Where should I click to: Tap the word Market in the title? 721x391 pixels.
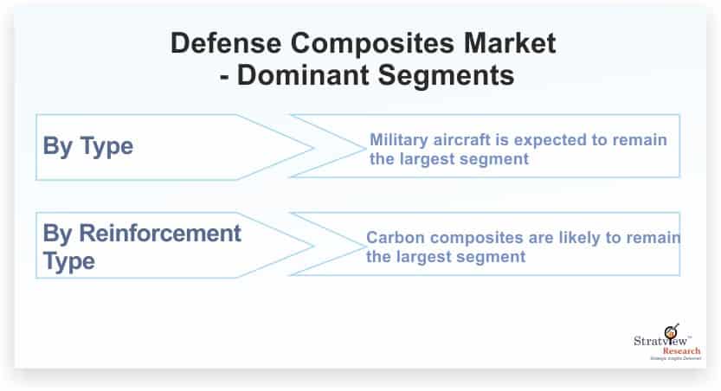(510, 43)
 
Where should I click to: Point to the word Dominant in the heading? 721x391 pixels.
(303, 75)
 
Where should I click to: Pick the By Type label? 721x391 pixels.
(87, 147)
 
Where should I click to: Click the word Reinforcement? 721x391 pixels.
(160, 233)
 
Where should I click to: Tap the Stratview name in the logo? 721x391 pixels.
(660, 341)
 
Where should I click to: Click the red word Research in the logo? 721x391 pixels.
(681, 351)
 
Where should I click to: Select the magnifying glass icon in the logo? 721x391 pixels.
(672, 330)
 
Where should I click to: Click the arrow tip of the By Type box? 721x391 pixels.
(312, 148)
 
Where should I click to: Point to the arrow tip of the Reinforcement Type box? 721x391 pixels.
(312, 246)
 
